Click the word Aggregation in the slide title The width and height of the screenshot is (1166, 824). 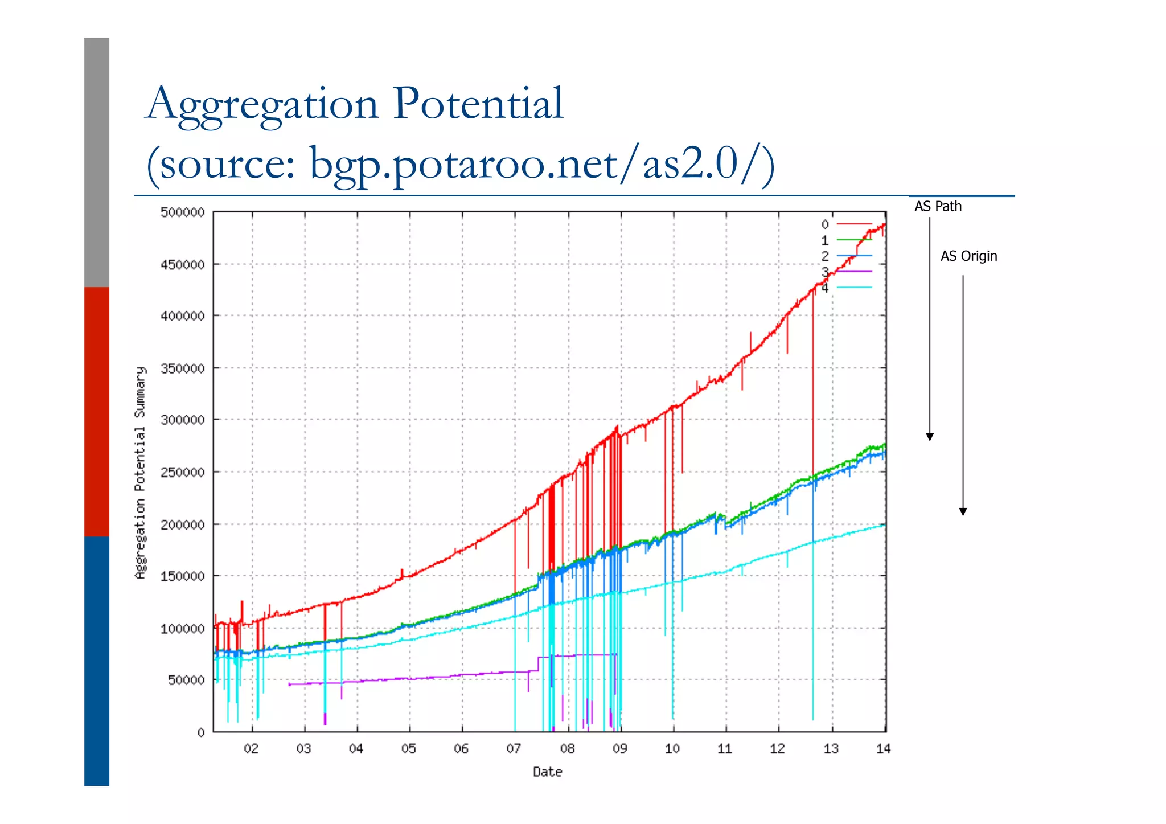262,104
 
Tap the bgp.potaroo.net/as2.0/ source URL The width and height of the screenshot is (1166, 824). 541,163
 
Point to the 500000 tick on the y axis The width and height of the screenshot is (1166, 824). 182,212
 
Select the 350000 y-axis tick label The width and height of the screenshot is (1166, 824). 182,368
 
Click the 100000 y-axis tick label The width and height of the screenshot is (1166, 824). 182,629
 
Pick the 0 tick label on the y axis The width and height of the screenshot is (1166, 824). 201,733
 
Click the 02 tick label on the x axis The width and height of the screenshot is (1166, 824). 251,749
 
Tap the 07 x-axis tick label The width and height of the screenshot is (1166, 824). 514,749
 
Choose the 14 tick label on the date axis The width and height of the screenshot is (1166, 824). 883,749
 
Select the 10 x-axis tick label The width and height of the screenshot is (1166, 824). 672,749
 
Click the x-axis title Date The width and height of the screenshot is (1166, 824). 547,772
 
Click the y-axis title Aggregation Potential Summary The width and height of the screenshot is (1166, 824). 140,473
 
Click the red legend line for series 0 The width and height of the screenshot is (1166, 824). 854,224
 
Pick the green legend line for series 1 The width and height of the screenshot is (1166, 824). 854,240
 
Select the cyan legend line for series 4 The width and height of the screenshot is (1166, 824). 854,288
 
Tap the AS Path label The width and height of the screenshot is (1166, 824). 938,206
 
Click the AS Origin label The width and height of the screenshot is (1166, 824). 968,256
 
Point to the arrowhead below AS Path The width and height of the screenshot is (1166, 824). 930,437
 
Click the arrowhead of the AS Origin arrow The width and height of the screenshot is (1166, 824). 963,511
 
